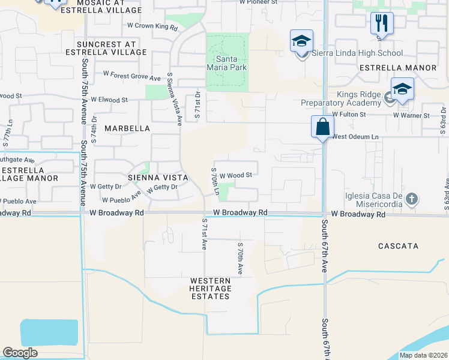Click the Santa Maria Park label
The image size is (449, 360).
(x=227, y=62)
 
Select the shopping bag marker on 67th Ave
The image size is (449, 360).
(x=322, y=127)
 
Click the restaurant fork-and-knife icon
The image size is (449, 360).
(x=382, y=23)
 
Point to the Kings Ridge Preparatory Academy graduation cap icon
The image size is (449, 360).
(x=402, y=89)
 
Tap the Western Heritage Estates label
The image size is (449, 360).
(x=210, y=289)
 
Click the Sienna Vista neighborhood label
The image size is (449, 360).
(x=158, y=178)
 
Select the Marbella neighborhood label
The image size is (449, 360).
(x=127, y=128)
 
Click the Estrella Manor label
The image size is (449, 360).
(x=397, y=68)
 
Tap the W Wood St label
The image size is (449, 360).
(x=235, y=175)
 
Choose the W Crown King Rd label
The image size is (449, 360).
(x=152, y=27)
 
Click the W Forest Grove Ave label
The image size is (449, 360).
(x=132, y=76)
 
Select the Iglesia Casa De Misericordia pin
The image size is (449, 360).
(x=411, y=199)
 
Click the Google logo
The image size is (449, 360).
(x=20, y=353)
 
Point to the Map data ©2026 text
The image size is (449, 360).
(x=423, y=355)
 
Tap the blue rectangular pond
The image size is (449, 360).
(x=49, y=332)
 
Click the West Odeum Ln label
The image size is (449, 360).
(x=356, y=137)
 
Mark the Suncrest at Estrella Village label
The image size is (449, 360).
(x=112, y=48)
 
